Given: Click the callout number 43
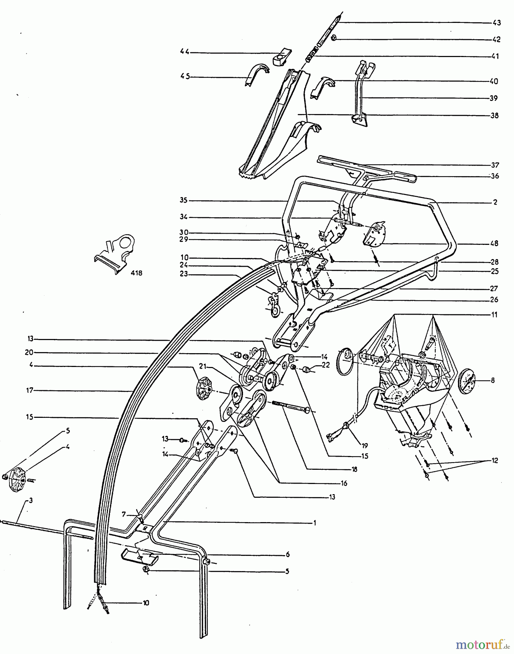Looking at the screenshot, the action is [497, 23].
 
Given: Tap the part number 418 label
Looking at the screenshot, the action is [136, 273].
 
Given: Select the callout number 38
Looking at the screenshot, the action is [494, 116].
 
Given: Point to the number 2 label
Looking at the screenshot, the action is [495, 202].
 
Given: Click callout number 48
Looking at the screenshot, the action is [494, 243].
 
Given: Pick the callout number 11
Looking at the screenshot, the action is [494, 315].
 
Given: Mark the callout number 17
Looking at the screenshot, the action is [29, 391].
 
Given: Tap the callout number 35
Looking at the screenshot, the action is [183, 200].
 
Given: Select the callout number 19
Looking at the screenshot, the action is [364, 445].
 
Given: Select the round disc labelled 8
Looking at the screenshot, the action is [467, 381].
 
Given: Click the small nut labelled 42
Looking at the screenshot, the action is [335, 38].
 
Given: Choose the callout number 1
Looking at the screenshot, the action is [315, 523].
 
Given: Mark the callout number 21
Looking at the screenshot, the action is [203, 365].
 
